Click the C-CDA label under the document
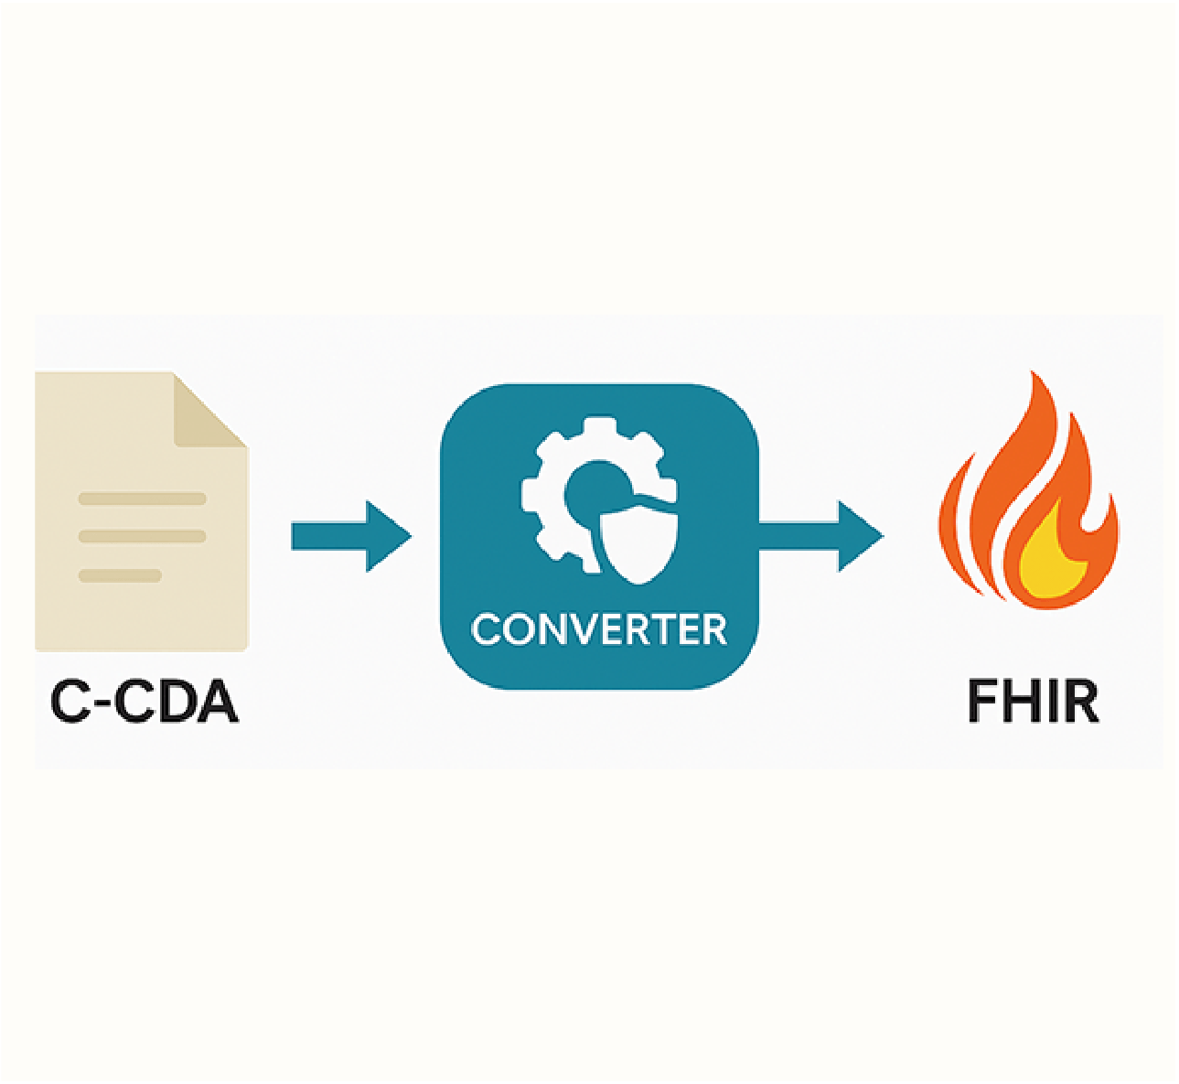[145, 703]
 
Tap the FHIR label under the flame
[1033, 703]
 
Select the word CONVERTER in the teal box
[599, 630]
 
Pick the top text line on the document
[143, 499]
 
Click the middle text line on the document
[143, 536]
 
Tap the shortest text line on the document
[121, 575]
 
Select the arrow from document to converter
[350, 536]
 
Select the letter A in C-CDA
[217, 703]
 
